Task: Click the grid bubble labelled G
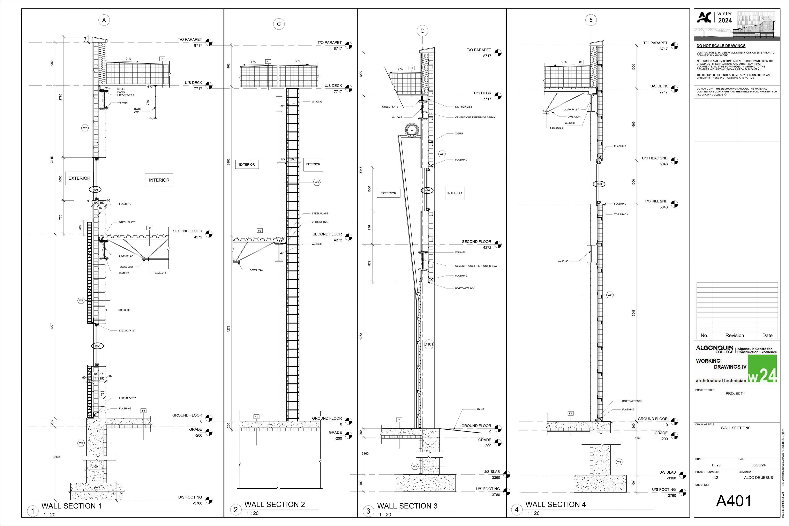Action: pyautogui.click(x=422, y=31)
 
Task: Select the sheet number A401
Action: pyautogui.click(x=734, y=501)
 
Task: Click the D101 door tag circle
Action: pyautogui.click(x=429, y=344)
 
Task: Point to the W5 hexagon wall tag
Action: pyautogui.click(x=317, y=182)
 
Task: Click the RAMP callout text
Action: pyautogui.click(x=480, y=409)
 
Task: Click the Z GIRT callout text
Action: pyautogui.click(x=459, y=134)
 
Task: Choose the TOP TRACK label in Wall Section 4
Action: pyautogui.click(x=621, y=214)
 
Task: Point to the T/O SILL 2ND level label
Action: pyautogui.click(x=656, y=201)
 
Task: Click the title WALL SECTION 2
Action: pyautogui.click(x=275, y=505)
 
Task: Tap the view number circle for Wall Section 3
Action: pyautogui.click(x=368, y=511)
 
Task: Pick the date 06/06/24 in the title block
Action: pyautogui.click(x=758, y=465)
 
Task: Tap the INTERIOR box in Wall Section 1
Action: pyautogui.click(x=159, y=180)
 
